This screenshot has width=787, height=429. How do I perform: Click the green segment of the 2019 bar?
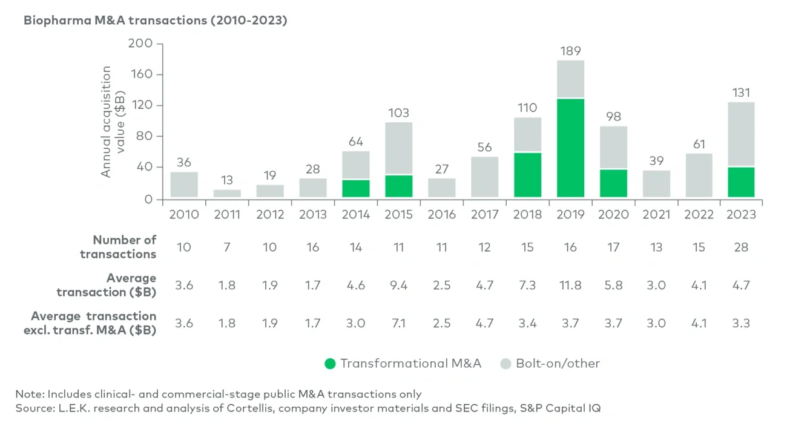coord(570,148)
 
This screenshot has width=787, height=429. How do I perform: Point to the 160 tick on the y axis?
coord(143,75)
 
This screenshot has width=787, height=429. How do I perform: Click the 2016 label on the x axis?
coord(441,214)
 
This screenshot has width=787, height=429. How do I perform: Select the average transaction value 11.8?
coord(570,285)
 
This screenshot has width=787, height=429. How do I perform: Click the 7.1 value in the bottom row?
coord(399,323)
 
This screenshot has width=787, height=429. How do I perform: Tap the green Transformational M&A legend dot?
coord(330,364)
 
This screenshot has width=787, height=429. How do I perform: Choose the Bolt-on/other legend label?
coord(558,364)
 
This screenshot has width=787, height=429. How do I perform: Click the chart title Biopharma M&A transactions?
coord(155,21)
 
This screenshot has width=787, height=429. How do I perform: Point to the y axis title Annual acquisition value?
coord(113,121)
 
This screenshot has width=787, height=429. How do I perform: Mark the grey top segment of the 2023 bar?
coord(741,134)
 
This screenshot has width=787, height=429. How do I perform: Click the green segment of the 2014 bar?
coord(356,188)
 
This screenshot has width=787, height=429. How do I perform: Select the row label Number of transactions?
coord(118,247)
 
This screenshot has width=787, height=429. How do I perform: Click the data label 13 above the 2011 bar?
coord(227,180)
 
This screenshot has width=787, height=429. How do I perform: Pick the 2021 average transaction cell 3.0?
coord(656,285)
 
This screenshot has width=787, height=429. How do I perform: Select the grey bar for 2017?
coord(485,177)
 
